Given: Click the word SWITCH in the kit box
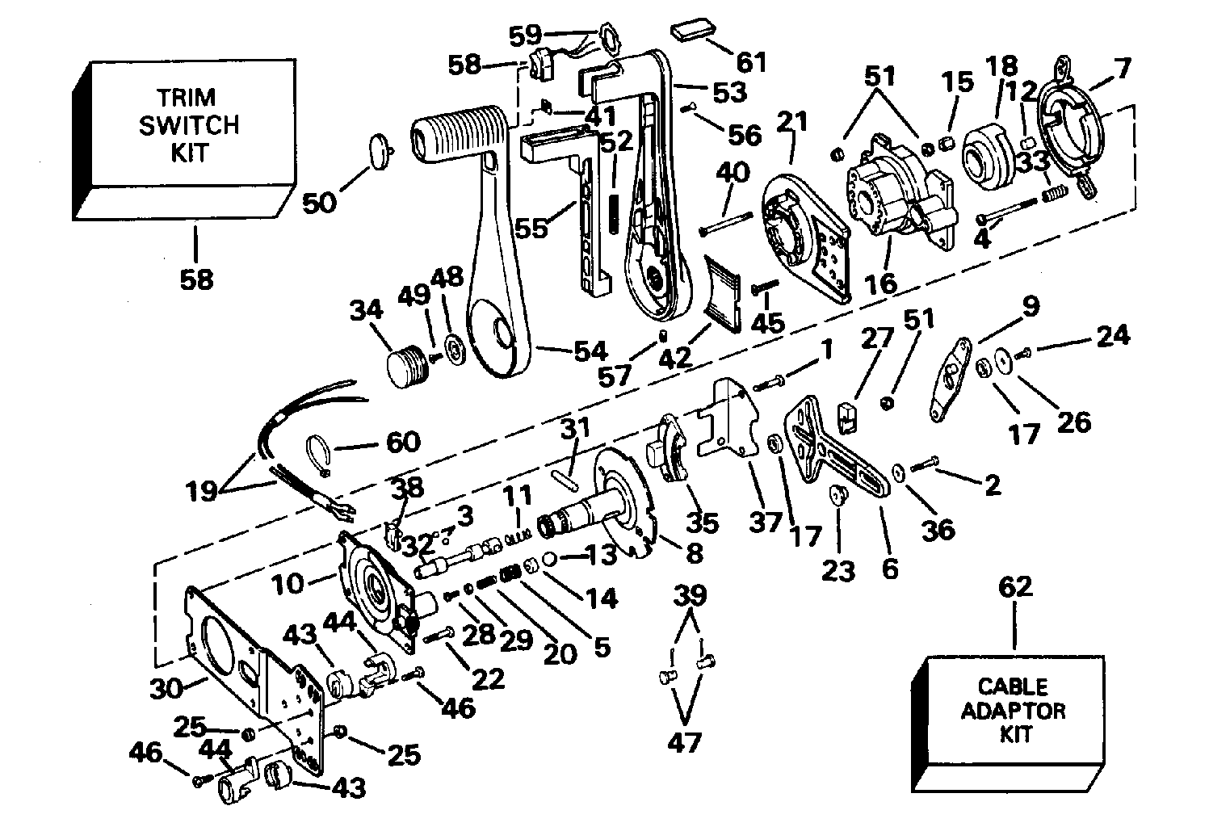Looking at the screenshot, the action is (x=190, y=125).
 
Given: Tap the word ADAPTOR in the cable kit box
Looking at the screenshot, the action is (x=1013, y=711).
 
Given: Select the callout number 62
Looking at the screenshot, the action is (x=1015, y=586).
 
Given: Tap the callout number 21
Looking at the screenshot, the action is (x=791, y=122).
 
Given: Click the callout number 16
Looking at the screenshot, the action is (x=880, y=284).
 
